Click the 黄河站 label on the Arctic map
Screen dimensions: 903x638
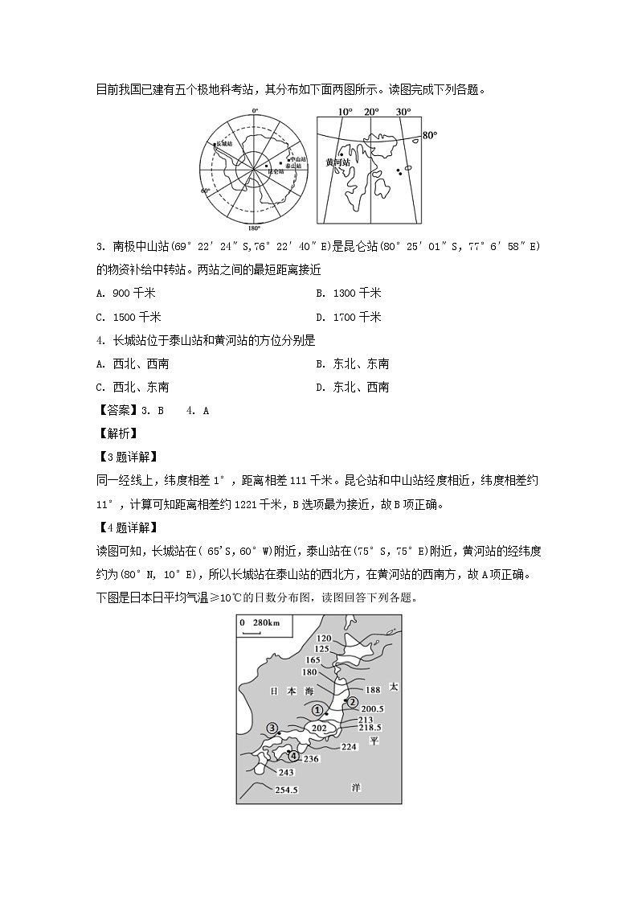pyautogui.click(x=337, y=162)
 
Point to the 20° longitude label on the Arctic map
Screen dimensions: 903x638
pyautogui.click(x=370, y=112)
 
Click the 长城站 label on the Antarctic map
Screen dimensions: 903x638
pyautogui.click(x=224, y=144)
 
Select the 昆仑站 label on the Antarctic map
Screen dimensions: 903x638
pyautogui.click(x=276, y=172)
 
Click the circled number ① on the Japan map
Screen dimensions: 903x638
pyautogui.click(x=317, y=710)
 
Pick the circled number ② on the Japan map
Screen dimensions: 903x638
pyautogui.click(x=351, y=701)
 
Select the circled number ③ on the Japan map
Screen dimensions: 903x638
pyautogui.click(x=272, y=729)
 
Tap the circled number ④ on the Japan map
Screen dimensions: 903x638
pyautogui.click(x=293, y=756)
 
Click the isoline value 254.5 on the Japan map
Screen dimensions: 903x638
pyautogui.click(x=286, y=790)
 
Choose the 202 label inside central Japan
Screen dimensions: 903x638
pyautogui.click(x=319, y=728)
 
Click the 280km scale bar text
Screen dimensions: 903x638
pyautogui.click(x=264, y=623)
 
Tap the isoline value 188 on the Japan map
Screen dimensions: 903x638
pyautogui.click(x=372, y=689)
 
